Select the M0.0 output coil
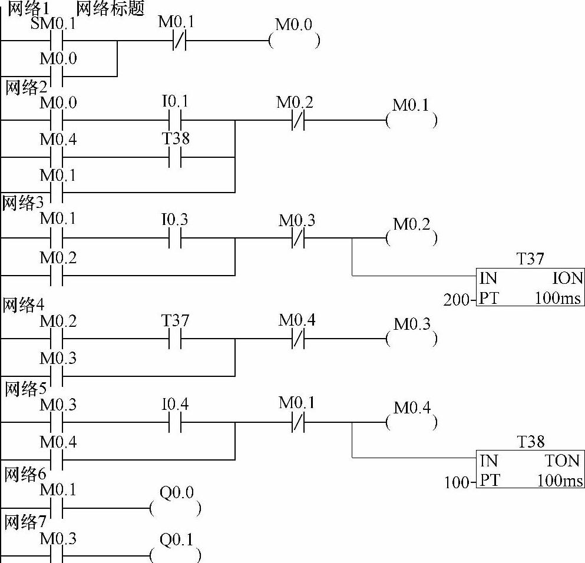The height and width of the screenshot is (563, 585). coord(294,41)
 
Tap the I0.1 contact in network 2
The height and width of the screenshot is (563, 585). coord(175,121)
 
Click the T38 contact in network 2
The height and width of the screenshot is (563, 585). coord(175,157)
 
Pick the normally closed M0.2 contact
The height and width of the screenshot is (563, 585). coord(296,121)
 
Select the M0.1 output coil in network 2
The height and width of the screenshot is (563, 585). coord(412,121)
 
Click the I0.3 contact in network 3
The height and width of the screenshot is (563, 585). coord(175,239)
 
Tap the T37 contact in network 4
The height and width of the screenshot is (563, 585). coord(175,339)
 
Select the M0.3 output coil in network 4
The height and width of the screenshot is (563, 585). coord(412,339)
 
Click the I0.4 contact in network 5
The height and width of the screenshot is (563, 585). coord(175,422)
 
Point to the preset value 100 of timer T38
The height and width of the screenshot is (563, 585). coord(456,483)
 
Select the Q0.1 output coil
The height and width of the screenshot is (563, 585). coord(176,555)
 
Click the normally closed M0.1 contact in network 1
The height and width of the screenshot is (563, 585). coord(179,41)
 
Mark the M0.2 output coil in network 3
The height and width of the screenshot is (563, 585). coord(412,239)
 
